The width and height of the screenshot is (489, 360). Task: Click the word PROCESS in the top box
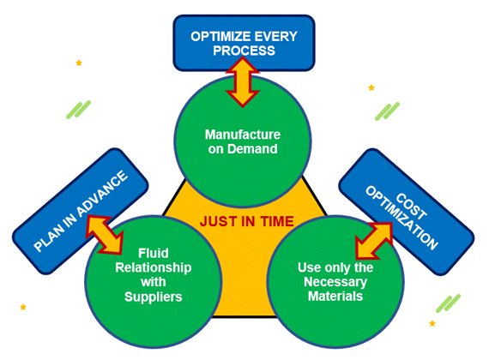pos(244,51)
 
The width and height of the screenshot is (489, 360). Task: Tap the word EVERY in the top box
pos(275,37)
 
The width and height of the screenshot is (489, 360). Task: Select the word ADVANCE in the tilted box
pos(102,195)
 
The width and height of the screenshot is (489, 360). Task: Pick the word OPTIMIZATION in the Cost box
pos(402,218)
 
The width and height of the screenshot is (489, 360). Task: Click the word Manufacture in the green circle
pos(243,135)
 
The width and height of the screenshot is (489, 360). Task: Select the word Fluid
pos(153,253)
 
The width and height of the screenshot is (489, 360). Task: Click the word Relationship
pos(153,267)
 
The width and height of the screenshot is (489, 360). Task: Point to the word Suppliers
pos(153,297)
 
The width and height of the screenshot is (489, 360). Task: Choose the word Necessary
pos(335,282)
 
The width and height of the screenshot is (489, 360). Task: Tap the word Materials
pos(335,296)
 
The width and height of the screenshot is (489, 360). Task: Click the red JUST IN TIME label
pos(247,221)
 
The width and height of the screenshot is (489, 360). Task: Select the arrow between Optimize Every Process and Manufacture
pos(243,82)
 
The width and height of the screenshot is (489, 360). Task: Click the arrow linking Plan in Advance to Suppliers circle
pos(104,234)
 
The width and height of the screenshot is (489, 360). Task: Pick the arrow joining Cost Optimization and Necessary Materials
pos(374,241)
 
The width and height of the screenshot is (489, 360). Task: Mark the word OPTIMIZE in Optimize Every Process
pos(220,37)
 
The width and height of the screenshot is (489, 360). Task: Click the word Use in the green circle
pos(308,267)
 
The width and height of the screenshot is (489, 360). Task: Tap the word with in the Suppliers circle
pos(153,282)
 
